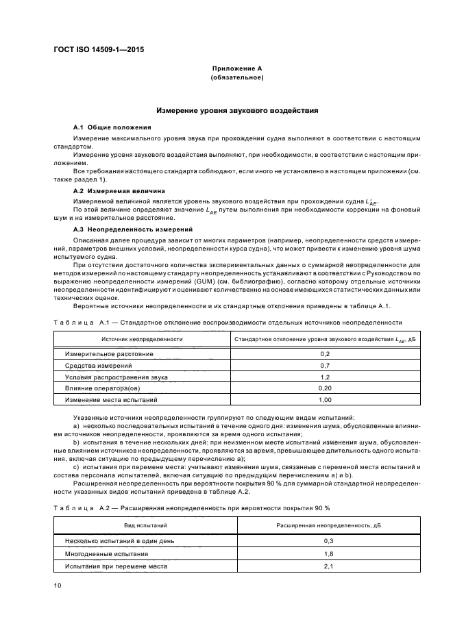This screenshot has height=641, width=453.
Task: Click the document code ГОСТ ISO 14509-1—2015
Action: click(99, 49)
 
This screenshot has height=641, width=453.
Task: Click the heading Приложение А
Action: click(237, 68)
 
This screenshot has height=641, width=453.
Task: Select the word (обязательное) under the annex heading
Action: click(237, 77)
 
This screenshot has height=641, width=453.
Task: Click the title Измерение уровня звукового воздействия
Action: click(237, 110)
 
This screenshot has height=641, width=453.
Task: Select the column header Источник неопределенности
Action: click(142, 338)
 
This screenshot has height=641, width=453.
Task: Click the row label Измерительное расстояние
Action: click(109, 354)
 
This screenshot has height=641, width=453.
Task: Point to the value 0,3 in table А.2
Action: click(328, 540)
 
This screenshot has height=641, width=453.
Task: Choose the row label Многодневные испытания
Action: click(106, 553)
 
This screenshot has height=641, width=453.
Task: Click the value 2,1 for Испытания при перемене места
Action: click(328, 566)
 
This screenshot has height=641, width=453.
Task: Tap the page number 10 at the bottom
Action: click(58, 586)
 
